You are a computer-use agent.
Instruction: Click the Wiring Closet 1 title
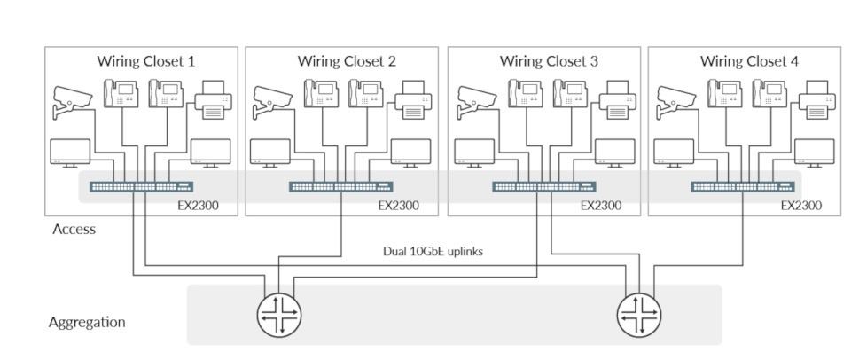click(x=145, y=61)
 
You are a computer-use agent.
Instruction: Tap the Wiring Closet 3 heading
click(x=548, y=61)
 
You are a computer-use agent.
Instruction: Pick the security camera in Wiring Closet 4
click(x=676, y=100)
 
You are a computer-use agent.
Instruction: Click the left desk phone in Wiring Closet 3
click(x=520, y=94)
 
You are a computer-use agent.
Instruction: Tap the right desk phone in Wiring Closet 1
click(x=166, y=94)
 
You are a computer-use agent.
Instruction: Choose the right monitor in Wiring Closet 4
click(x=814, y=153)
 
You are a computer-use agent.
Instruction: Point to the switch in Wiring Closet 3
click(x=544, y=186)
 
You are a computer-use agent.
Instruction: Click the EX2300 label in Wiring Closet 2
click(x=398, y=206)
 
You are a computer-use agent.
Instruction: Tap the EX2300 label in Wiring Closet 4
click(x=801, y=206)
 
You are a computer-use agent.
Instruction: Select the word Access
click(x=74, y=229)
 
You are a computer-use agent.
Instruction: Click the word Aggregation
click(x=86, y=322)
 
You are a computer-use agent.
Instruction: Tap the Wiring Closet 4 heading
click(x=749, y=61)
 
